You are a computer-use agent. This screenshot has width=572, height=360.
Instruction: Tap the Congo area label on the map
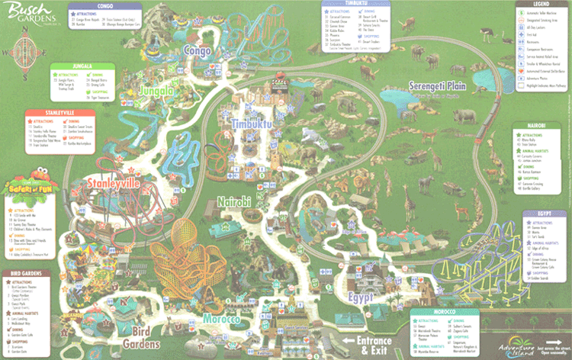pyautogui.click(x=197, y=50)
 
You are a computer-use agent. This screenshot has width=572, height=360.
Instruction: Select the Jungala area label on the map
pyautogui.click(x=156, y=92)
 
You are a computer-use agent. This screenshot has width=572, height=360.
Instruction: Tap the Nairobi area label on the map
pyautogui.click(x=233, y=201)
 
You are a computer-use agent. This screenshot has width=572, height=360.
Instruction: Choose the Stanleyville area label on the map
pyautogui.click(x=114, y=183)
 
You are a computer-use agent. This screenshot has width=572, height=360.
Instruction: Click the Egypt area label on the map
pyautogui.click(x=362, y=294)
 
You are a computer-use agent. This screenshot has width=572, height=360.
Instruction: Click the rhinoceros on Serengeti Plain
pyautogui.click(x=467, y=116)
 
